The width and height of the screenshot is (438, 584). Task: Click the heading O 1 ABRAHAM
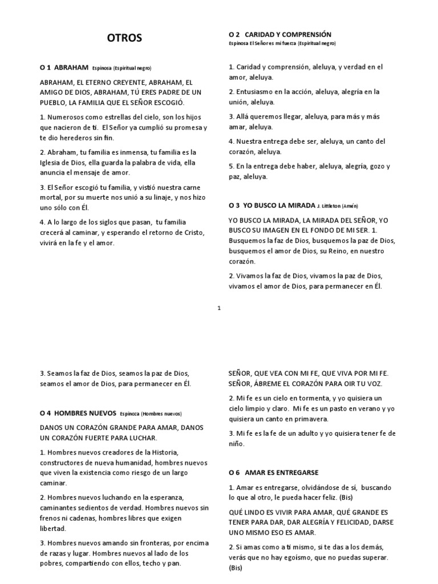(x=63, y=67)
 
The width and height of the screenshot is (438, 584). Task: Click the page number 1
(x=219, y=309)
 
